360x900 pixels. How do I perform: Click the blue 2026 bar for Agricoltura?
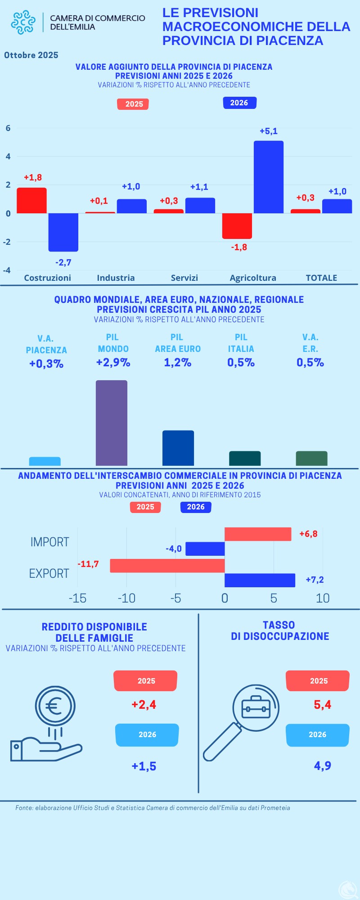pos(269,177)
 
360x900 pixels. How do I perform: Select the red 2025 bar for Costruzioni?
pos(32,200)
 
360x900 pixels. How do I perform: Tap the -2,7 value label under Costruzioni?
pos(63,262)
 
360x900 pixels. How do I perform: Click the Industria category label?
pos(116,278)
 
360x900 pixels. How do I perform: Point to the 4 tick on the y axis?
pos(8,157)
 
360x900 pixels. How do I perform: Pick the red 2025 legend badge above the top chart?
pos(133,104)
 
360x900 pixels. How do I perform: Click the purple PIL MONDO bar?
pos(112,423)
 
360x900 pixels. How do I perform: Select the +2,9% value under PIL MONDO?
pos(113,363)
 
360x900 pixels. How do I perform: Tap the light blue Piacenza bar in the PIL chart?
pos(45,461)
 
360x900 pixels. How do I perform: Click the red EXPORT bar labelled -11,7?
pos(167,566)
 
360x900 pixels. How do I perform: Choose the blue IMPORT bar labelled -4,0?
pos(205,549)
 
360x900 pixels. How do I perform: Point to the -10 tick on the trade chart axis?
pos(126,598)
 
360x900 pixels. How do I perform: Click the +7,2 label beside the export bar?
pos(315,580)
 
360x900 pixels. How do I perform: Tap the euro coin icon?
pos(55,706)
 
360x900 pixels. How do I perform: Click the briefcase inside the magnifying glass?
pos(256,709)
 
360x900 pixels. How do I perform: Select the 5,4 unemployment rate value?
pos(322,705)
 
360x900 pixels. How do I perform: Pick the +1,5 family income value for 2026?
pos(144,766)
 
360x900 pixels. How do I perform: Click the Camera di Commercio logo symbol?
pos(23,22)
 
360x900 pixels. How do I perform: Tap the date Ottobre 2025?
pos(31,55)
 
